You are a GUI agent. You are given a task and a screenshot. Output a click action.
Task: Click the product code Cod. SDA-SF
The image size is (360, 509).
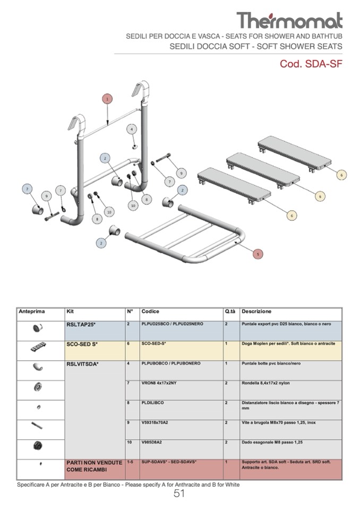(311, 64)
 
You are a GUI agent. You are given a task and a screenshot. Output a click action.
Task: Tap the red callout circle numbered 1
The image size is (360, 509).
(107, 99)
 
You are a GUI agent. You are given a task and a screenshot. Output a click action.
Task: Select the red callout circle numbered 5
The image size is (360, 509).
(258, 254)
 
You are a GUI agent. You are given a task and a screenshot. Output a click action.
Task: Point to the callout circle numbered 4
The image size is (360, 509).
(132, 129)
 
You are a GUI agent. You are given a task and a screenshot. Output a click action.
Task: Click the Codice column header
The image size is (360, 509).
(150, 312)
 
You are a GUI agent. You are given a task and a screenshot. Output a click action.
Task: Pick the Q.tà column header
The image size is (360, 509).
(230, 312)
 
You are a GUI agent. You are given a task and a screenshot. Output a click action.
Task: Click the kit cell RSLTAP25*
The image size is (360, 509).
(81, 324)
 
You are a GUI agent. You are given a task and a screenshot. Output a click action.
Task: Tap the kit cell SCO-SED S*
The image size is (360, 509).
(82, 344)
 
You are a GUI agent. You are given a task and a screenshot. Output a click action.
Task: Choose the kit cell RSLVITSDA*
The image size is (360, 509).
(83, 364)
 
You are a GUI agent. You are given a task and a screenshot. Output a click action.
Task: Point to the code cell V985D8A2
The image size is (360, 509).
(152, 442)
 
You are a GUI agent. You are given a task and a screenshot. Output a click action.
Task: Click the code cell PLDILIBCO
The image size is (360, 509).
(153, 403)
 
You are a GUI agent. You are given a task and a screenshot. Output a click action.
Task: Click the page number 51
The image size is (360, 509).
(179, 494)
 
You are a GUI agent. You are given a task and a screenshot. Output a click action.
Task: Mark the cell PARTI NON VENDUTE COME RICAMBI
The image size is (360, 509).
(94, 466)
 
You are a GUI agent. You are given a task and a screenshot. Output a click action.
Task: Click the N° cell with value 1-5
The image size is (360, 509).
(130, 462)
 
